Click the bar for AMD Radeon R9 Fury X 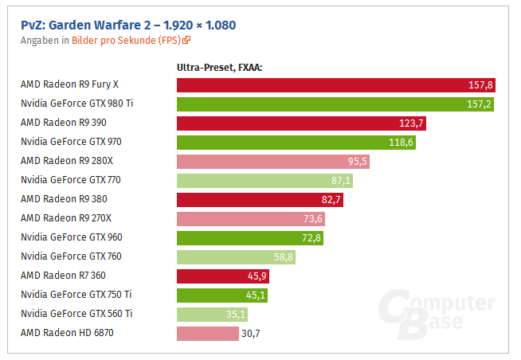coord(335,84)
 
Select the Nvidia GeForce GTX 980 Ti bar coord(335,104)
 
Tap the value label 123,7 coord(412,123)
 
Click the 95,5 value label coord(357,161)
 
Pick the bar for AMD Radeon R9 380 coord(260,199)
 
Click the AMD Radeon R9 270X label coord(65,218)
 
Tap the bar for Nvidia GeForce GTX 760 coord(236,256)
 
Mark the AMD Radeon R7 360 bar coord(222,276)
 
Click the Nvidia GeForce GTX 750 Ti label coord(76,295)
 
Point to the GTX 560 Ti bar coord(212,314)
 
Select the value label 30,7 coord(252,333)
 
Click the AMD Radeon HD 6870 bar coord(207,333)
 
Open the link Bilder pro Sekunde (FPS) coord(126,40)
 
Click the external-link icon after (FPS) coord(186,40)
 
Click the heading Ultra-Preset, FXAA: coord(219,68)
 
